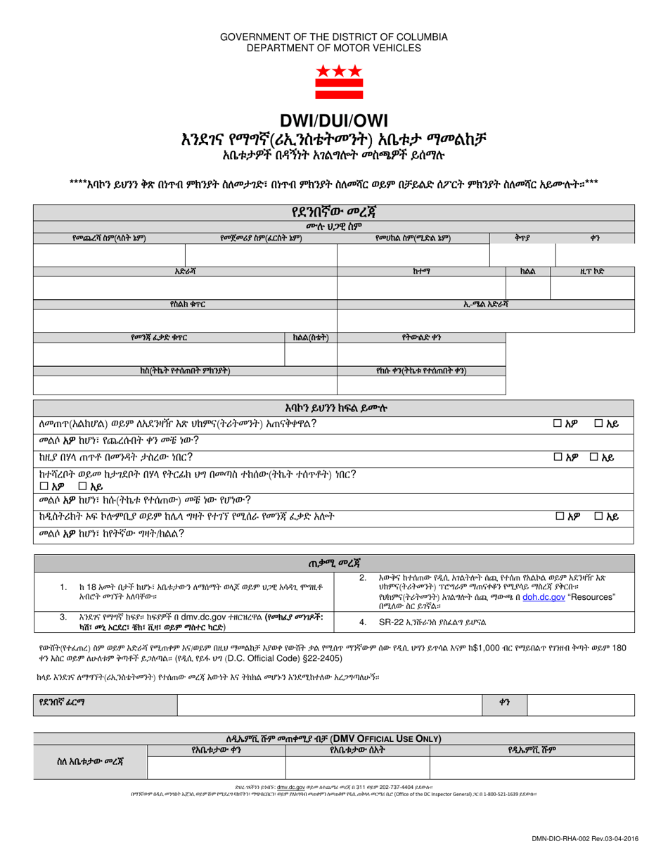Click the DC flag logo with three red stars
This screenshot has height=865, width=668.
pyautogui.click(x=334, y=83)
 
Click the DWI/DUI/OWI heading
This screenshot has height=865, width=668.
pyautogui.click(x=334, y=120)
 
